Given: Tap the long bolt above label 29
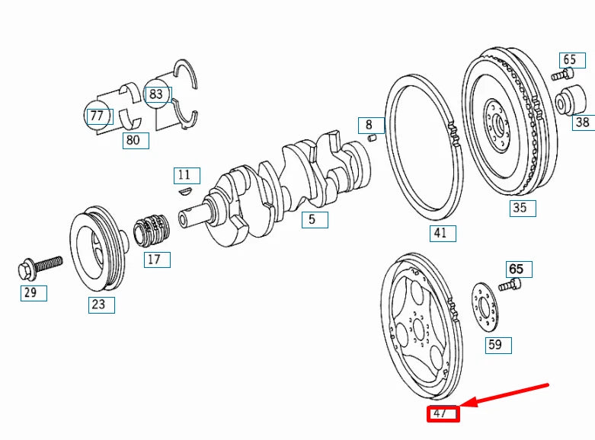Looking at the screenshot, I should click(x=38, y=266).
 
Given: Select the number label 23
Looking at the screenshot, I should click(x=100, y=305).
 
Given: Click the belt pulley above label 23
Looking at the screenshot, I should click(x=97, y=249).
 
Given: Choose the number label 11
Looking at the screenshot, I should click(x=185, y=176).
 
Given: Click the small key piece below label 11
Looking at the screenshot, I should click(x=184, y=192).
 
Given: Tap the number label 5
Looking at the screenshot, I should click(x=312, y=220).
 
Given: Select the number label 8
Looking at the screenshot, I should click(x=369, y=125).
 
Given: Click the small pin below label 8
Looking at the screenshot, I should click(x=371, y=139).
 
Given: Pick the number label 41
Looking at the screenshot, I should click(x=440, y=233).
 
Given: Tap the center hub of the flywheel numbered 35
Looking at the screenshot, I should click(x=498, y=122).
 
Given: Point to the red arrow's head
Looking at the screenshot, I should click(x=466, y=404).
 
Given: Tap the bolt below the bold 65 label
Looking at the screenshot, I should click(x=510, y=285).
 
